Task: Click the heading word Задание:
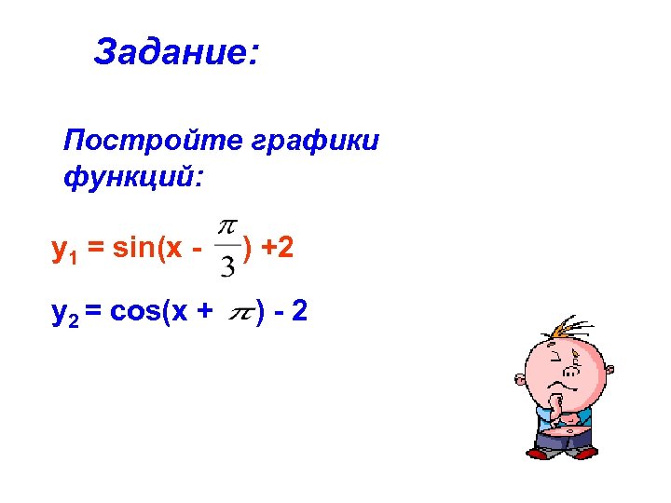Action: pyautogui.click(x=176, y=52)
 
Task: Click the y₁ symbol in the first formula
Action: pyautogui.click(x=64, y=250)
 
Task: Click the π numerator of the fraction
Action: pyautogui.click(x=226, y=226)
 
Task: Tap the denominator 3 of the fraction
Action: pyautogui.click(x=226, y=266)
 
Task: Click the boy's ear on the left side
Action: pyautogui.click(x=520, y=378)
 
